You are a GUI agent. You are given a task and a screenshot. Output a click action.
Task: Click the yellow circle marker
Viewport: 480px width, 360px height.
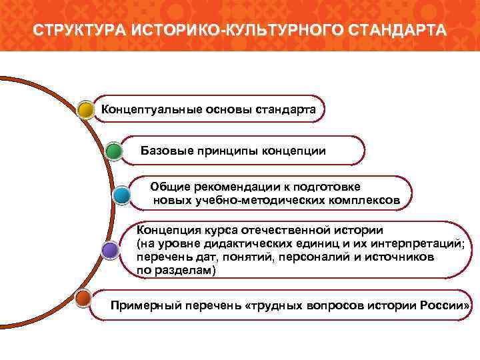pos(85,109)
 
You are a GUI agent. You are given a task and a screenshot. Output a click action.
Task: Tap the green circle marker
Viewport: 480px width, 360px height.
pos(114,151)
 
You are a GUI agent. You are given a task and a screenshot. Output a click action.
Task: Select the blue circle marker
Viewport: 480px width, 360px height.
pos(121,195)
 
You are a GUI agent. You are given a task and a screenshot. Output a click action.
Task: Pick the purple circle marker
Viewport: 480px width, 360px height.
pos(110,250)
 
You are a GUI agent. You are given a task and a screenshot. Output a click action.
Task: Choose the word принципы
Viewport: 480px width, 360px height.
pos(220,151)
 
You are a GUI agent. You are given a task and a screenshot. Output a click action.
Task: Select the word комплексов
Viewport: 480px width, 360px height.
pos(365,199)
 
